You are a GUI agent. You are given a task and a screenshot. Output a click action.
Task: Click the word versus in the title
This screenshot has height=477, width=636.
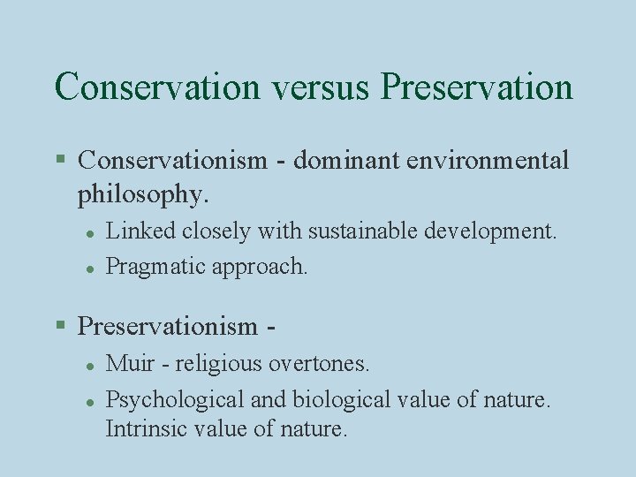pos(320,87)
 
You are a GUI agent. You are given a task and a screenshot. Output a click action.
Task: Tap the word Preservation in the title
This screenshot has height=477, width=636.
pos(477,87)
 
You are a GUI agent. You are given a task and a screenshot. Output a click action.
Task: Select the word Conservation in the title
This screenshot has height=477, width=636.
pos(157,87)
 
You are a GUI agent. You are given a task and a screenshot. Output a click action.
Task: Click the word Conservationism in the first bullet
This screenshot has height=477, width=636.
pos(172,160)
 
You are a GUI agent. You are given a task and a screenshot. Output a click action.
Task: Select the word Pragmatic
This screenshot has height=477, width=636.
pos(155,267)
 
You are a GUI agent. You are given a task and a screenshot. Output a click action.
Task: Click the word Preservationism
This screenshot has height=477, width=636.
pos(168,326)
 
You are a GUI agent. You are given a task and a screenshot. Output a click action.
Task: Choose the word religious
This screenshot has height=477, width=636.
pos(208,363)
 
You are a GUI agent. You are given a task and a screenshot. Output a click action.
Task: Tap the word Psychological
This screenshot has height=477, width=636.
pos(175,399)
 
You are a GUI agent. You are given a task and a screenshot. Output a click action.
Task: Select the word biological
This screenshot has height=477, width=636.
pos(334,399)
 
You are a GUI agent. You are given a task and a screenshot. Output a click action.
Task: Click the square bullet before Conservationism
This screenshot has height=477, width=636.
pos(61,160)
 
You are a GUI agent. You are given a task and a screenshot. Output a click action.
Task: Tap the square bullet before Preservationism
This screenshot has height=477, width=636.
pos(61,326)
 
